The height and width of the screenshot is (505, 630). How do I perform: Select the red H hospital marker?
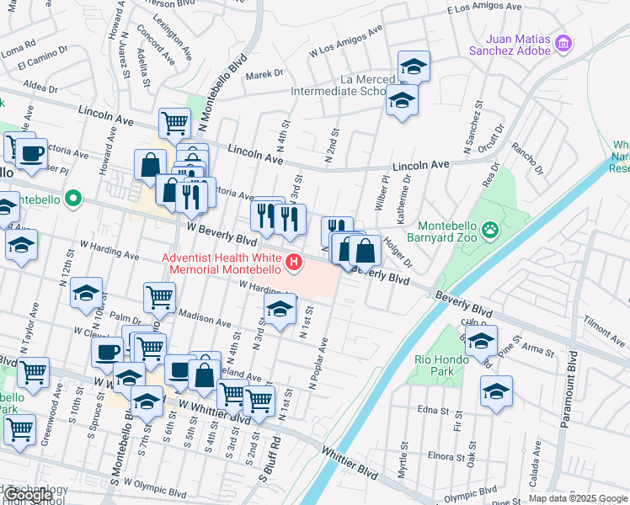point(294,263)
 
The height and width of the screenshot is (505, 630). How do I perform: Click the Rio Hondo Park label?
point(435,365)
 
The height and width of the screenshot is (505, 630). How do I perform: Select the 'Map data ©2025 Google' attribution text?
point(578,498)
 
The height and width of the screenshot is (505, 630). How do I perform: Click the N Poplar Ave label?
point(318,364)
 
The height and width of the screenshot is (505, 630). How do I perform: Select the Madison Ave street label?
point(206,319)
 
